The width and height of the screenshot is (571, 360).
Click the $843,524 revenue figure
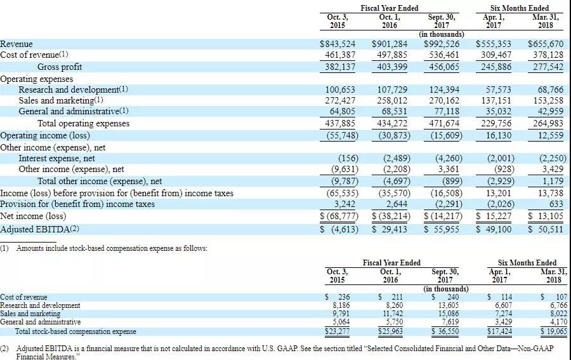pyautogui.click(x=337, y=44)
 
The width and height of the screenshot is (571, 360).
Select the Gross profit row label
pyautogui.click(x=60, y=67)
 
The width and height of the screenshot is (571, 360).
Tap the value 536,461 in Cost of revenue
pyautogui.click(x=443, y=55)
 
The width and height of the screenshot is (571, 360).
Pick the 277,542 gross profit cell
pyautogui.click(x=545, y=67)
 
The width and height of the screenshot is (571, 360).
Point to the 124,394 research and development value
pyautogui.click(x=443, y=90)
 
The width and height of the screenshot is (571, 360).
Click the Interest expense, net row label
pyautogui.click(x=56, y=158)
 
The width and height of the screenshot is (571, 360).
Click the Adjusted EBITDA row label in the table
pyautogui.click(x=40, y=229)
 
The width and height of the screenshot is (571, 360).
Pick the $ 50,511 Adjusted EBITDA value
pyautogui.click(x=545, y=229)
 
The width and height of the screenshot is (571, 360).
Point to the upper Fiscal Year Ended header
pyautogui.click(x=389, y=8)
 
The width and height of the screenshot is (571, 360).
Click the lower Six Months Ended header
pyautogui.click(x=527, y=262)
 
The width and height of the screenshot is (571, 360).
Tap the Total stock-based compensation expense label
pyautogui.click(x=75, y=331)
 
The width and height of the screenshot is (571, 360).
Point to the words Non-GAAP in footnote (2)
pyautogui.click(x=534, y=349)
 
